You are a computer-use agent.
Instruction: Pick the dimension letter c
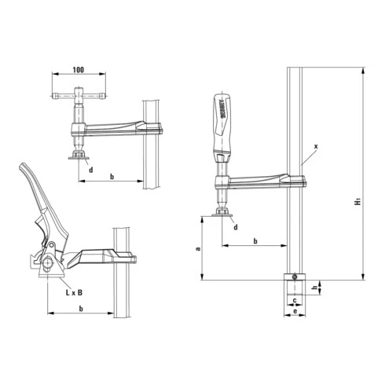click(x=294, y=300)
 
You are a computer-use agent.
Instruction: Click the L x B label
click(x=75, y=292)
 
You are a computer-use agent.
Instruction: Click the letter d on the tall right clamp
click(x=235, y=228)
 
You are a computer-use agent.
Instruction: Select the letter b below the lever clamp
click(x=82, y=309)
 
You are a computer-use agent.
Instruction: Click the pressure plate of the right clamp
click(x=222, y=218)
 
